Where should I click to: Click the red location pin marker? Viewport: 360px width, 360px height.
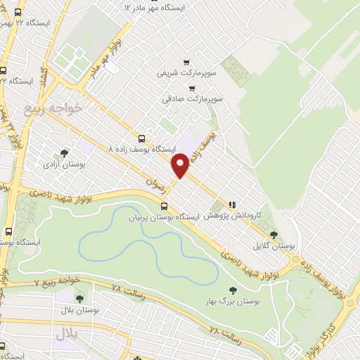point(180,165)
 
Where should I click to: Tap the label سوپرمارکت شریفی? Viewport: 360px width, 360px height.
point(183,72)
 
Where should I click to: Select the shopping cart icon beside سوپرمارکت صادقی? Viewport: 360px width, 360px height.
point(192,89)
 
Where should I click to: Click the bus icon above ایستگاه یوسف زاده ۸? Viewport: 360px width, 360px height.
point(143,139)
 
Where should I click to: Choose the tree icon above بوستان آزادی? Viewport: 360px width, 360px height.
point(65,153)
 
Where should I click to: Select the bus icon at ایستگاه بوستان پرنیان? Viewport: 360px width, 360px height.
point(165,206)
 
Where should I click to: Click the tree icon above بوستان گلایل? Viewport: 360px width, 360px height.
point(274,236)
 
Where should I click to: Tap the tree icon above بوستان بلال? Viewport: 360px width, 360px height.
point(78,299)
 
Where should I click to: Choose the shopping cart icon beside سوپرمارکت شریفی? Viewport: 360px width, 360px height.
point(186,62)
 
